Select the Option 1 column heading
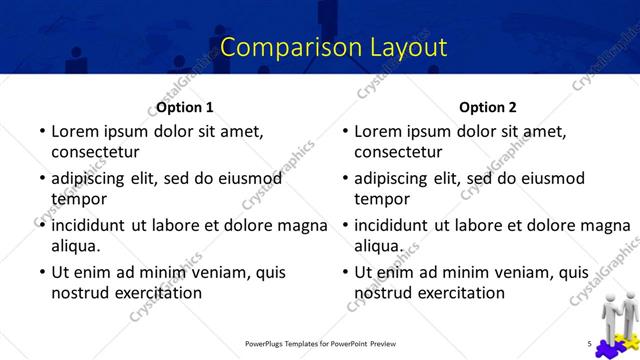click(x=185, y=107)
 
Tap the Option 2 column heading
click(x=487, y=107)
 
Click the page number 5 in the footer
click(x=590, y=345)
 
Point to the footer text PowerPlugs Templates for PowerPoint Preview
click(x=327, y=345)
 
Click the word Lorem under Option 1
click(x=76, y=131)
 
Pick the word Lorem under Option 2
click(x=379, y=131)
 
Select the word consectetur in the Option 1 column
click(x=95, y=153)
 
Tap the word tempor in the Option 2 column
click(x=383, y=199)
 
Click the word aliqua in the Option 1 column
click(x=74, y=246)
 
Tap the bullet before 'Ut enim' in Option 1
click(x=41, y=272)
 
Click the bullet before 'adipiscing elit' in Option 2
click(x=344, y=178)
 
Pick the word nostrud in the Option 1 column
click(x=79, y=293)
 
